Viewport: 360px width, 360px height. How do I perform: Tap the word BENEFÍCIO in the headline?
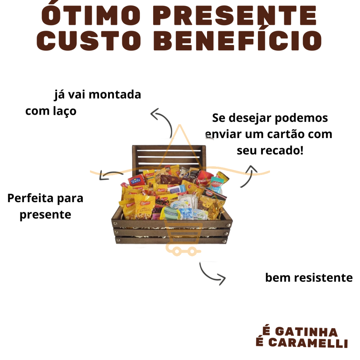tap(237, 41)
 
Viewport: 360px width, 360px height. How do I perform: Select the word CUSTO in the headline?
tap(89, 41)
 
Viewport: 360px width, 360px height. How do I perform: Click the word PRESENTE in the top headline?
tap(235, 16)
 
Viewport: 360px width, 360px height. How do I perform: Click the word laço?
tap(64, 111)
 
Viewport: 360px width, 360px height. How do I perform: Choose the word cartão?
tap(281, 134)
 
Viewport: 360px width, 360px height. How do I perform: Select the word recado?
tap(281, 151)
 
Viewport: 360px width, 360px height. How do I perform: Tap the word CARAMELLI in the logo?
tap(308, 343)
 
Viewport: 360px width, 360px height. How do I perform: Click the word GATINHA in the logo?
tap(306, 332)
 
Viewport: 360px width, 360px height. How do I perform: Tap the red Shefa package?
tap(136, 181)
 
